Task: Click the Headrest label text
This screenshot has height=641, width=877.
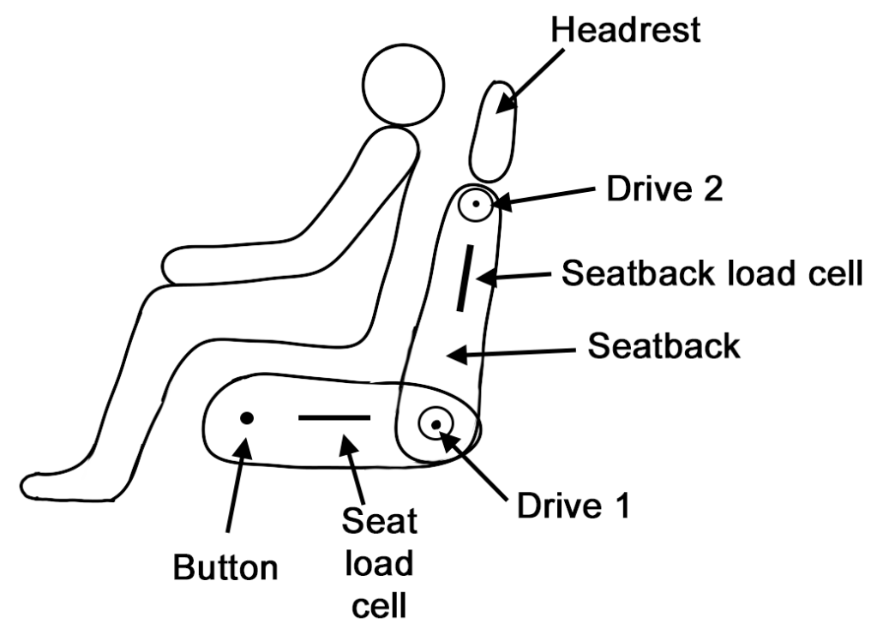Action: tap(626, 30)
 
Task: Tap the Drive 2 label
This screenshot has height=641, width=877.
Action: tap(664, 189)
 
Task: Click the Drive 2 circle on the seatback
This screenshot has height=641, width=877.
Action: tap(474, 205)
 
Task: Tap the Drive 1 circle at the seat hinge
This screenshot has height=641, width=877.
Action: tap(436, 423)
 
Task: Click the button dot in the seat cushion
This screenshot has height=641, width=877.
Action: tap(246, 418)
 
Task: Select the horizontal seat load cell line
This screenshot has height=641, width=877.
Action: tap(334, 417)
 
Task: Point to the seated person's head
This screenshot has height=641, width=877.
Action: tap(403, 87)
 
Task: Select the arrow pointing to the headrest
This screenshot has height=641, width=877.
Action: tap(536, 77)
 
